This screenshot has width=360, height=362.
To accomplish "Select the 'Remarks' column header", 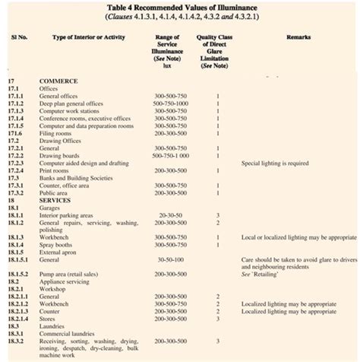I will click(298, 37).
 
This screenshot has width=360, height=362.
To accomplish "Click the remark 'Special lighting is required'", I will click(274, 163).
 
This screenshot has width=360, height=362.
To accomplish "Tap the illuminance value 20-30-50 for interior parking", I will click(170, 215).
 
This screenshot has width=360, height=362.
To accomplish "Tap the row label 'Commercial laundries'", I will click(68, 333).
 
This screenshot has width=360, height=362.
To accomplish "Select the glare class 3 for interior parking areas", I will click(217, 215).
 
